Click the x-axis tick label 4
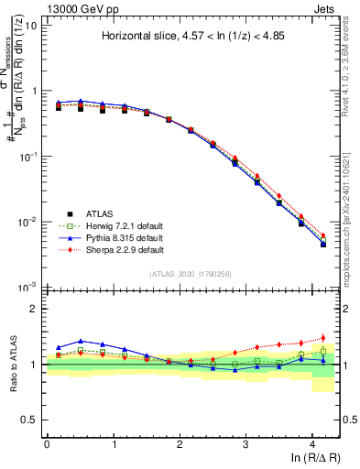point(313,443)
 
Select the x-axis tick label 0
point(47,443)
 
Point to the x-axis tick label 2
point(180,443)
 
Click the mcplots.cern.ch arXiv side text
point(349,183)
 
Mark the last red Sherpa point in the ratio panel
point(322,338)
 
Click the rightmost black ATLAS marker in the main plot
point(322,245)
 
